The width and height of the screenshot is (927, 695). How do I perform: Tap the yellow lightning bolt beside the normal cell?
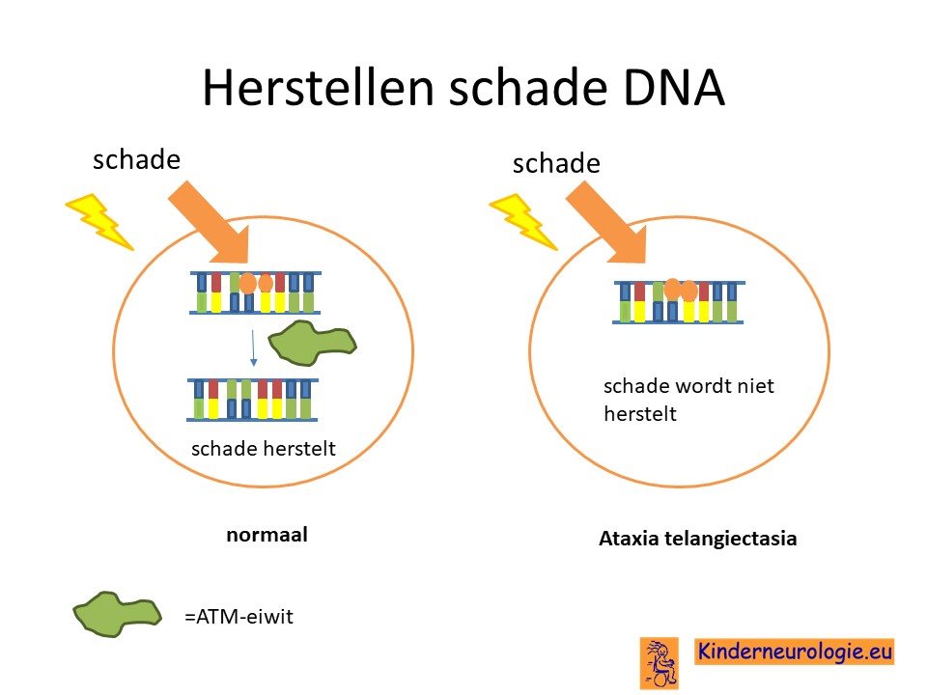[x=98, y=222]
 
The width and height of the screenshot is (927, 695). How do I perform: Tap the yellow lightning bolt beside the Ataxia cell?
[x=522, y=222]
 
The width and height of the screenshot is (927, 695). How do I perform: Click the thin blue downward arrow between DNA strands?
[x=253, y=347]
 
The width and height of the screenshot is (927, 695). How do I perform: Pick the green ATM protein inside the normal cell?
[x=312, y=343]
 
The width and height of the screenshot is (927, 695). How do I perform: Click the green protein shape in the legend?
[x=117, y=615]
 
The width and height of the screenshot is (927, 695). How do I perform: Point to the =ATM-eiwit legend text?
[x=239, y=617]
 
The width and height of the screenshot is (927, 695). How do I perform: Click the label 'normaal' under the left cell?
[x=267, y=535]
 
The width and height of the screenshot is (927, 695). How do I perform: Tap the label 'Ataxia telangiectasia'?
[x=697, y=539]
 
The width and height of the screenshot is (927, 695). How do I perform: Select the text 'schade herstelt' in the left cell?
[x=264, y=449]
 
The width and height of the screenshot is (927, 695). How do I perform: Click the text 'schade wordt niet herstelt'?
[x=688, y=400]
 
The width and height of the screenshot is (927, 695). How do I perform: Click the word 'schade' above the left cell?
[x=136, y=159]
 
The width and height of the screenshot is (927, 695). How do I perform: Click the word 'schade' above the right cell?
[x=556, y=163]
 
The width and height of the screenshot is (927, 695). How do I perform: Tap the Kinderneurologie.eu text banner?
[x=794, y=652]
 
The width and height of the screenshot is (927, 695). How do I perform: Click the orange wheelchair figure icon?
[x=660, y=663]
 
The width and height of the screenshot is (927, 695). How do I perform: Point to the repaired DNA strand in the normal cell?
[x=252, y=400]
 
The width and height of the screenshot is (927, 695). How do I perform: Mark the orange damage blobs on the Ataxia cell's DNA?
[x=681, y=290]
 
